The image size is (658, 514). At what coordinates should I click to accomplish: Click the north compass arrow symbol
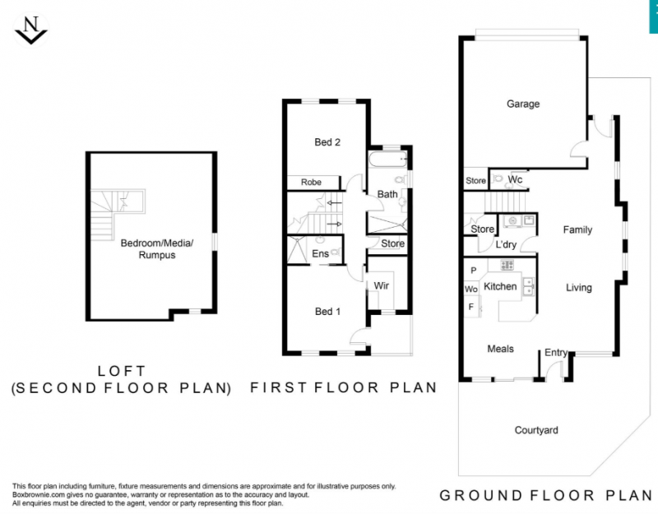point(31,30)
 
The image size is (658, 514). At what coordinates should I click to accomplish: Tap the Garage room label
point(523,104)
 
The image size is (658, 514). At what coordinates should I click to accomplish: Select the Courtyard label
point(536,430)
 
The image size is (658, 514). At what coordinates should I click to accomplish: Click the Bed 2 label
point(327,142)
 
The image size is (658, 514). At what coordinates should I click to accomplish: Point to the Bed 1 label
point(327,312)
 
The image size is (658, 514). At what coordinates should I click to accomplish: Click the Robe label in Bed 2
point(311,182)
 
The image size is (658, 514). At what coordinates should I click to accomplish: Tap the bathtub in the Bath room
point(387,160)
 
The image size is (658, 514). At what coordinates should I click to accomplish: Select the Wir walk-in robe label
point(381,285)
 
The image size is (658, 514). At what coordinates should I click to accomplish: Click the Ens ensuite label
point(320,253)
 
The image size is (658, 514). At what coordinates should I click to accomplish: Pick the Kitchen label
point(500,286)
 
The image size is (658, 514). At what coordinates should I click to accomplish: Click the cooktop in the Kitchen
point(507,265)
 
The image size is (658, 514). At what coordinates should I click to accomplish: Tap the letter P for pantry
point(474,271)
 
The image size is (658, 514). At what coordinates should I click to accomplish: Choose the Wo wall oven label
point(471,289)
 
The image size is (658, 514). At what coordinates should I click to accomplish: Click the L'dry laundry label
point(506,244)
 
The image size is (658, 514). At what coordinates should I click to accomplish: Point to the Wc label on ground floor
point(515,179)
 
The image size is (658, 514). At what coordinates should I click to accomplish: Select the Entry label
point(556,353)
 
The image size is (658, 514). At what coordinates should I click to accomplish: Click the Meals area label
point(500,349)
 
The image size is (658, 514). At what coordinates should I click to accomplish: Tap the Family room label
point(577,230)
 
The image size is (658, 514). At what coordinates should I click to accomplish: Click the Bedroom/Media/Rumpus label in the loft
point(157,249)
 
